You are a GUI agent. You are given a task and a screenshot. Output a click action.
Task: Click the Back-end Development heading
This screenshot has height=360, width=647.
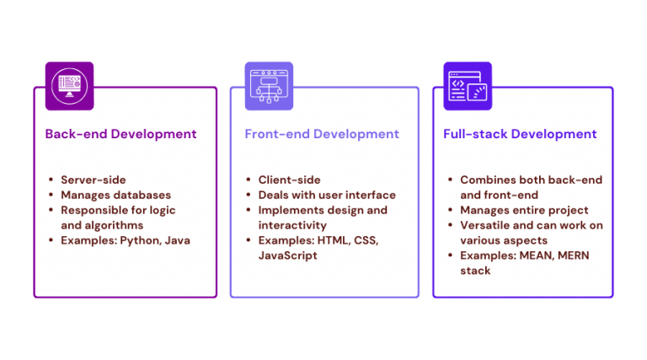(120, 134)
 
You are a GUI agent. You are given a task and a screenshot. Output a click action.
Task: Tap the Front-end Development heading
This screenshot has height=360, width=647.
(322, 134)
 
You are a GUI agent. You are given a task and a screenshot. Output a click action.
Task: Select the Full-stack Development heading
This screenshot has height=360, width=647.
(520, 134)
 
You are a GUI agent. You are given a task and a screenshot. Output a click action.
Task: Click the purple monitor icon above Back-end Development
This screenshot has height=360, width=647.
(69, 85)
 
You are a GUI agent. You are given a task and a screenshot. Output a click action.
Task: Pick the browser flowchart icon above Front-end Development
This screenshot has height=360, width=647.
(269, 85)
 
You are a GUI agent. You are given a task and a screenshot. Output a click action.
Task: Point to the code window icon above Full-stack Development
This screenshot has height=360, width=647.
(468, 85)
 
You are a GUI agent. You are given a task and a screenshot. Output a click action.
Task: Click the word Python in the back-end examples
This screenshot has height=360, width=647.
(145, 240)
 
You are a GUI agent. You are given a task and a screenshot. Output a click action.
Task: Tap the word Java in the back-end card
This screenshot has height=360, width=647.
(177, 240)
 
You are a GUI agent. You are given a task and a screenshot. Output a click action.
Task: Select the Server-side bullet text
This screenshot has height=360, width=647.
(89, 180)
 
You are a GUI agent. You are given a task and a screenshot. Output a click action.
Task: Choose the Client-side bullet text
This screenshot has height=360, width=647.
(288, 180)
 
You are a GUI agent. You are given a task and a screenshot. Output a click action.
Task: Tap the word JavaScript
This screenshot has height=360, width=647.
(288, 255)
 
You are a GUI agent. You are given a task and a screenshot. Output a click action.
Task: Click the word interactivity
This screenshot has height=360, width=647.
(291, 225)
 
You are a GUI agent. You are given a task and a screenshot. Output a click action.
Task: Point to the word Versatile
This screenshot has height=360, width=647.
(489, 225)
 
